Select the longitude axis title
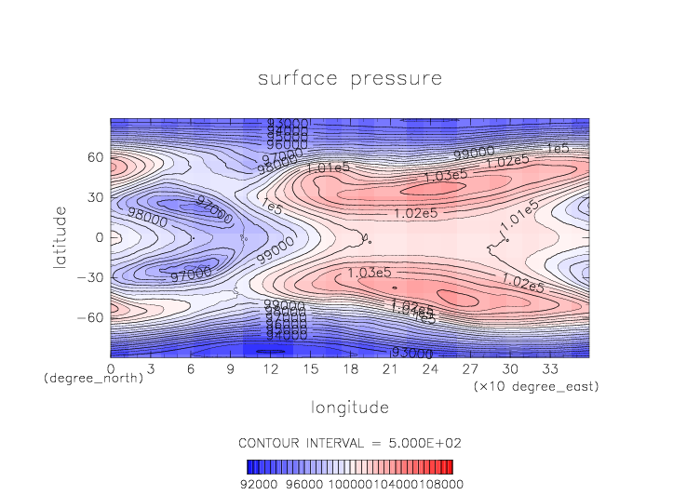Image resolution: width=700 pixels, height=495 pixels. [349, 408]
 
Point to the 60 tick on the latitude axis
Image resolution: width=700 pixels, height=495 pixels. [94, 157]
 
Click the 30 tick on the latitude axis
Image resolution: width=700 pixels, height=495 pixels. [94, 197]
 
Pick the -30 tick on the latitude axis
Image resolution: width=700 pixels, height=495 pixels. [90, 277]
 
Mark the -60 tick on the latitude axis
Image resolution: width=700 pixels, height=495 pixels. [90, 317]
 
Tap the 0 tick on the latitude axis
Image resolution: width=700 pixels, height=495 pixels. [99, 237]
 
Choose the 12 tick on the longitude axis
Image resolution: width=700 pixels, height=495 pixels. [271, 368]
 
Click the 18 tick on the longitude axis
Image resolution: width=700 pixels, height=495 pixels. [351, 368]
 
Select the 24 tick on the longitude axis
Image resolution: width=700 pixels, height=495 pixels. [430, 368]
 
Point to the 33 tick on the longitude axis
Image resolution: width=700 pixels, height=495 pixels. [550, 368]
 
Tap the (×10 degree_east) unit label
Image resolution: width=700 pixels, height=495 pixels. [534, 385]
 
